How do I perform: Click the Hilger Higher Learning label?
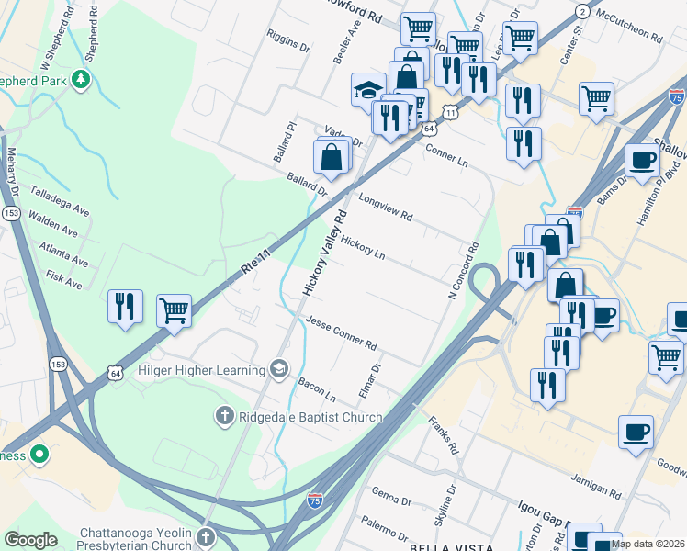pos(199,370)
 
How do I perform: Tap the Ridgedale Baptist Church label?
pos(310,418)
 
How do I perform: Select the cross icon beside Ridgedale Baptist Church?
pos(223,417)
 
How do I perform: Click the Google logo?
pos(30,540)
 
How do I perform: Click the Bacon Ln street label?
pos(317,391)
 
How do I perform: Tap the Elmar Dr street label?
pos(369,381)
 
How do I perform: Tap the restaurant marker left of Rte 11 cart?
pos(125,306)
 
